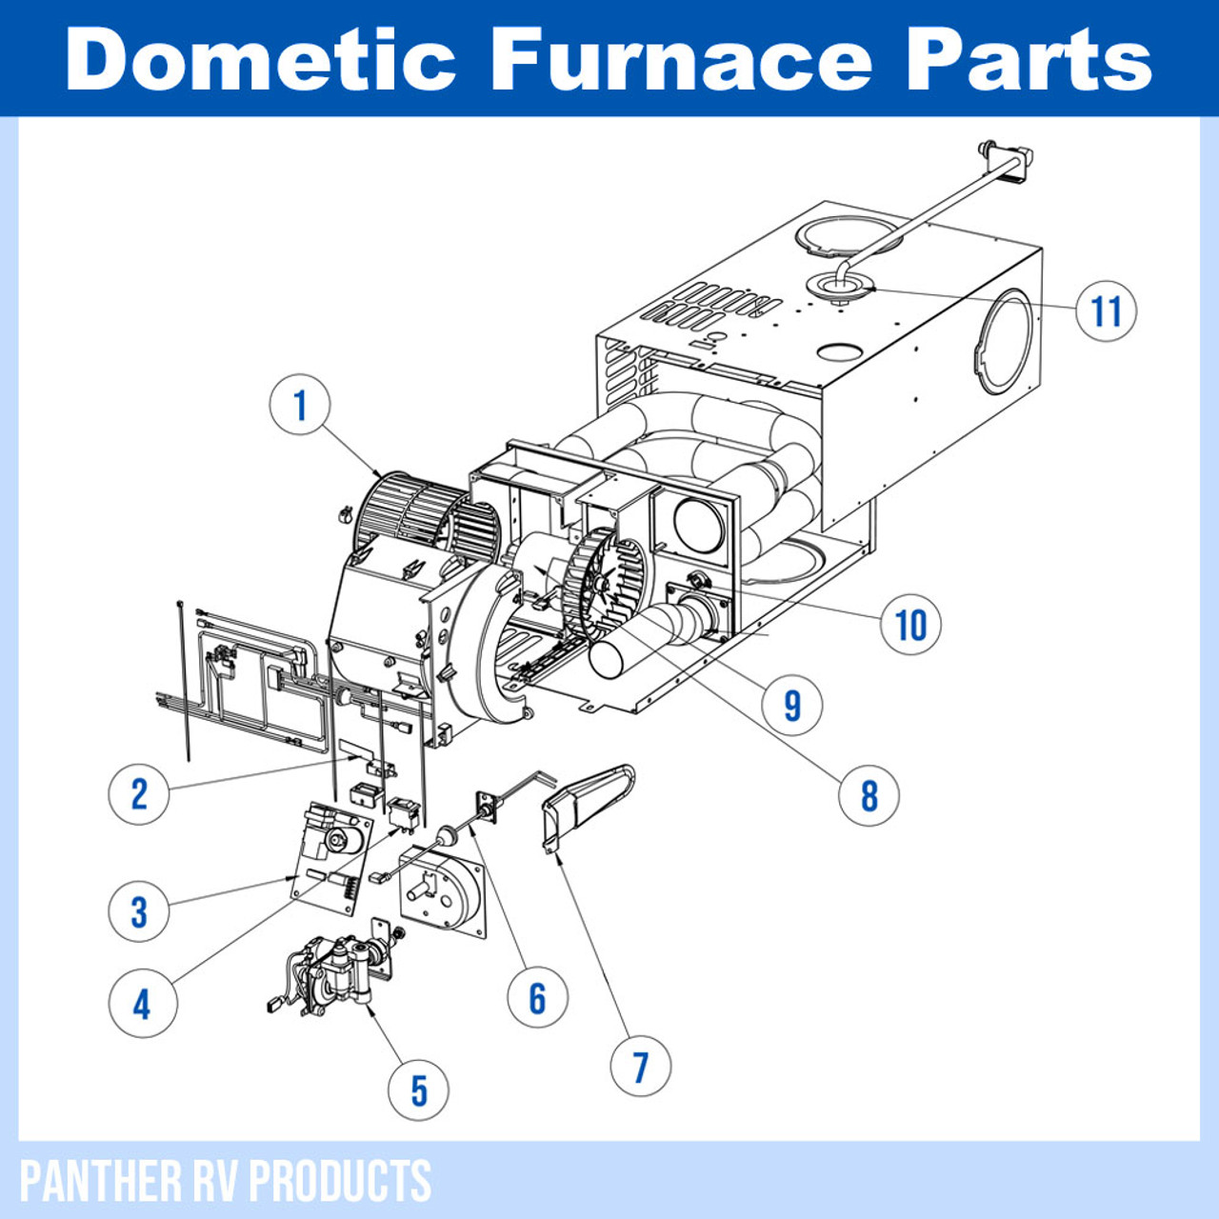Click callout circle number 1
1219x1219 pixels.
click(300, 405)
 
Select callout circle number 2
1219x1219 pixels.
click(139, 792)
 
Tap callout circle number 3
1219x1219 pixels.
click(139, 911)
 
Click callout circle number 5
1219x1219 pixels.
click(418, 1090)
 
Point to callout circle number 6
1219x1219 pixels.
click(538, 997)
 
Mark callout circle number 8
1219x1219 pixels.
click(869, 794)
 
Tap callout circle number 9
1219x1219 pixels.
click(792, 705)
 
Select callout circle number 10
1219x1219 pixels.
click(911, 625)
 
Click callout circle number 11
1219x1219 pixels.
click(1106, 310)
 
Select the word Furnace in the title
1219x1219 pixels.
click(680, 59)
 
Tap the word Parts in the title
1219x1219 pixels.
click(1029, 59)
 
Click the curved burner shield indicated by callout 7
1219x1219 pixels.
click(586, 805)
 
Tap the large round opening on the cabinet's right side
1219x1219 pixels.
click(1002, 343)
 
